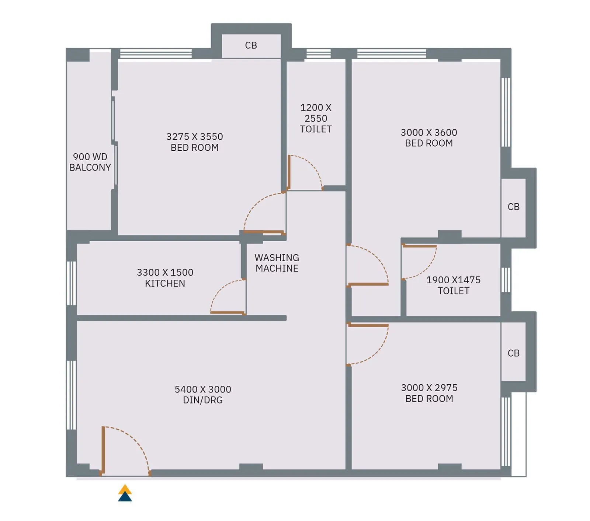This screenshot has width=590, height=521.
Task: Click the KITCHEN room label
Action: coord(165,283)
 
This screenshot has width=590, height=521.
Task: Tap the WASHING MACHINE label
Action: coord(277,263)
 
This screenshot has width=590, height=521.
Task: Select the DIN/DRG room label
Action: coord(203,400)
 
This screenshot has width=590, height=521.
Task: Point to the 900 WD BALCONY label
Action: coord(90,162)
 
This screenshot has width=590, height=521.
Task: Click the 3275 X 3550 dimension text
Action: coord(195,137)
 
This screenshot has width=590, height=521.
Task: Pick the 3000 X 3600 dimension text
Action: coord(429,132)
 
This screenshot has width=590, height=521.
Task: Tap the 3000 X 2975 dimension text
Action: coord(429,388)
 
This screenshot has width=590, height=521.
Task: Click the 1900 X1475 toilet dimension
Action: coord(453,280)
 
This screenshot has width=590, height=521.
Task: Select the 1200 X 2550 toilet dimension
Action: coord(316,113)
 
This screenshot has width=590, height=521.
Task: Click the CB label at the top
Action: coord(251,45)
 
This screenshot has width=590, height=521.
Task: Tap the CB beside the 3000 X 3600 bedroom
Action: coord(513,207)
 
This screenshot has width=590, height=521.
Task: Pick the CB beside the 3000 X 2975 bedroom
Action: coord(513,353)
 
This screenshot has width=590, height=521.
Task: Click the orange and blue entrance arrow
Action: coord(125,493)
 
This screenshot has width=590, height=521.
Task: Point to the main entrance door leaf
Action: coord(104,450)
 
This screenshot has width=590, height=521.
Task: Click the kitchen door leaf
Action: coord(228,313)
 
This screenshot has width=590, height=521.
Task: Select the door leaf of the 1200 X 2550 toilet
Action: coord(289,172)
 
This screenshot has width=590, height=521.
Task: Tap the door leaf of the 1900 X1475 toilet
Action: coord(420,246)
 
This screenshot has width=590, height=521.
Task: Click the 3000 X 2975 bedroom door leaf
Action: coord(368,325)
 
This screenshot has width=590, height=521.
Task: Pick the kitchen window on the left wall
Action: coord(71,283)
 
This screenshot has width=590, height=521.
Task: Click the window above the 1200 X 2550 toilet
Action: coord(318,54)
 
